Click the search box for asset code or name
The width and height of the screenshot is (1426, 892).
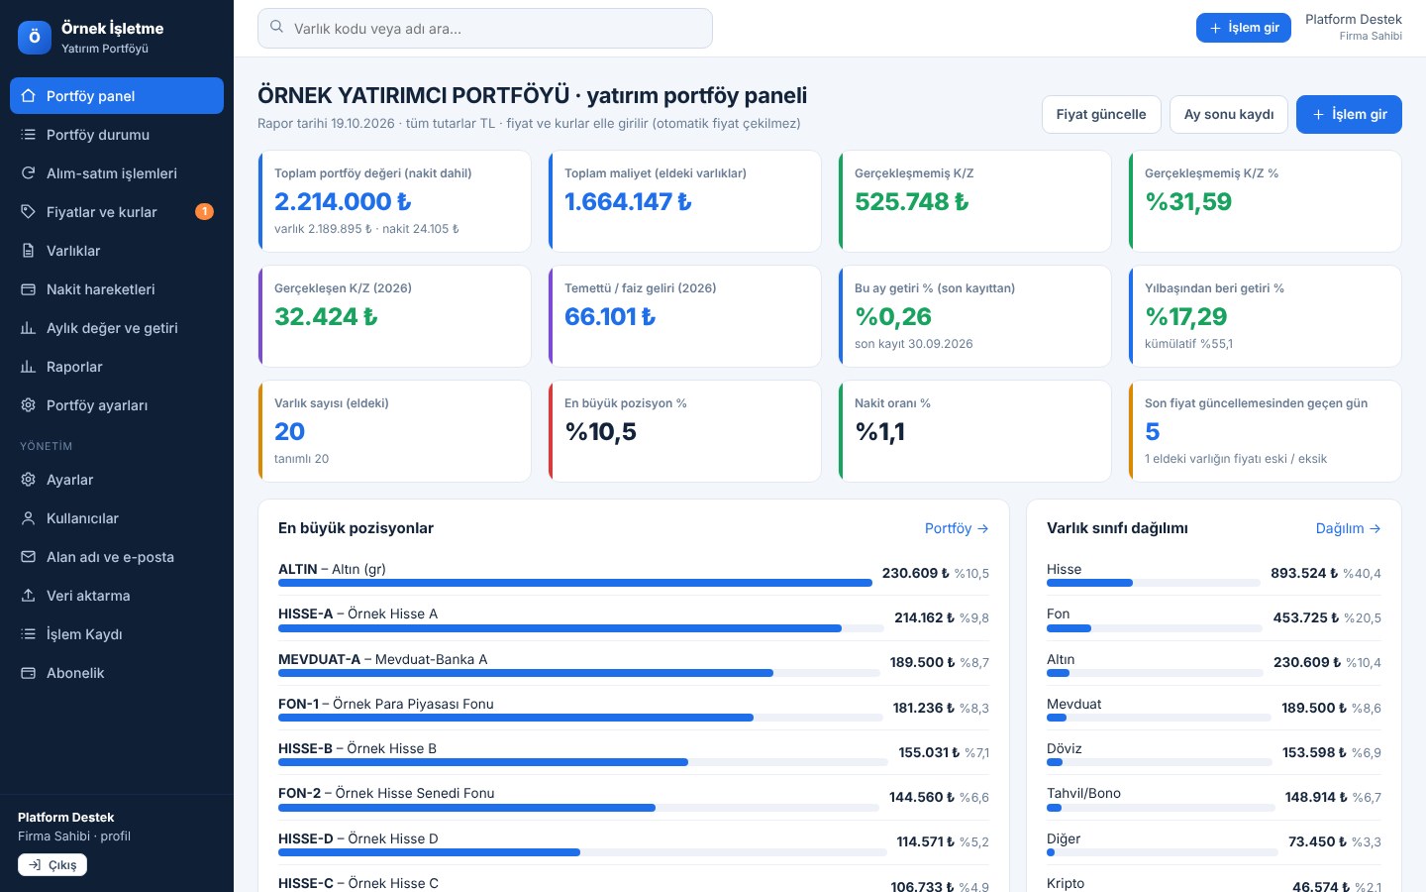coord(484,28)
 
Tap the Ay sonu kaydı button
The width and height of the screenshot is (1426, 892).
coord(1228,114)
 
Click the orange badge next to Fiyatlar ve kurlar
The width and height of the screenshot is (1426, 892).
coord(204,211)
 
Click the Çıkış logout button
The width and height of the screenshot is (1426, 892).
coord(52,864)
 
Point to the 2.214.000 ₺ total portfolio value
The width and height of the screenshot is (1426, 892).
coord(343,201)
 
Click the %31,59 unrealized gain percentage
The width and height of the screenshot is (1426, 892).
coord(1188,201)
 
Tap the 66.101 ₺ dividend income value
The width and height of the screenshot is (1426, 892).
coord(609,317)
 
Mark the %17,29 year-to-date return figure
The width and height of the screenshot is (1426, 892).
coord(1185,317)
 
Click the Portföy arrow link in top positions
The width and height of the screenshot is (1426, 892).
coord(957,528)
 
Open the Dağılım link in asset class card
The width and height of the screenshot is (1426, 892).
coord(1348,528)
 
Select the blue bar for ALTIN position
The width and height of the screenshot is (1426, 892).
coord(574,583)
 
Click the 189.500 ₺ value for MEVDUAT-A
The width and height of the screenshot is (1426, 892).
coord(922,662)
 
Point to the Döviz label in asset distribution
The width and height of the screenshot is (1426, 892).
coord(1064,748)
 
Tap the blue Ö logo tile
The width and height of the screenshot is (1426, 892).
coord(35,37)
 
